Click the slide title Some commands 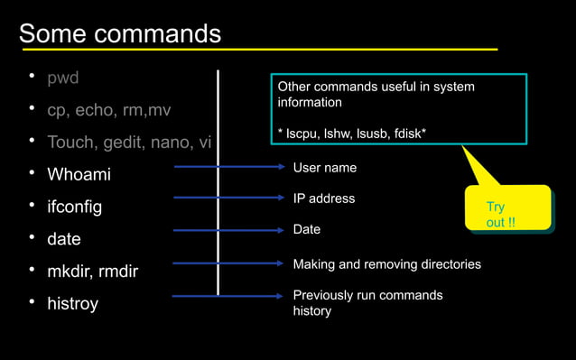pyautogui.click(x=120, y=33)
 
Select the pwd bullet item pyautogui.click(x=63, y=78)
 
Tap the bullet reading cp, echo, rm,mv pyautogui.click(x=108, y=110)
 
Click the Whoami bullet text pyautogui.click(x=79, y=174)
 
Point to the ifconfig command pyautogui.click(x=74, y=207)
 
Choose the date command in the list pyautogui.click(x=64, y=239)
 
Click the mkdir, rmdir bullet pyautogui.click(x=92, y=271)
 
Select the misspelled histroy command pyautogui.click(x=73, y=303)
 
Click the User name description pyautogui.click(x=324, y=168)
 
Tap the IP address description pyautogui.click(x=323, y=198)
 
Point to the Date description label pyautogui.click(x=307, y=230)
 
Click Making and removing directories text pyautogui.click(x=386, y=264)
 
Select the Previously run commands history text pyautogui.click(x=367, y=303)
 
